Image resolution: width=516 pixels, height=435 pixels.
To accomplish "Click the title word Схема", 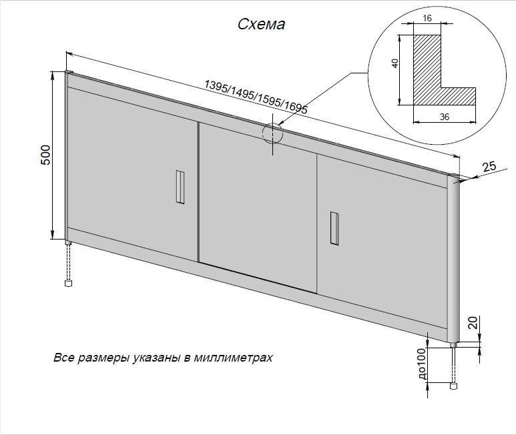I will click(262, 25).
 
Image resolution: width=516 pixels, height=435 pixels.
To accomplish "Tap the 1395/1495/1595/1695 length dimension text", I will click(256, 96).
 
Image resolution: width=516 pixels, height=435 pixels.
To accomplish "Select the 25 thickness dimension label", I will click(489, 167).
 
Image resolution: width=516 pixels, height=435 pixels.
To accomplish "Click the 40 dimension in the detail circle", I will click(395, 63).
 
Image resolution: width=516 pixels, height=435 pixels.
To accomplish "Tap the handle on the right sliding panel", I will click(334, 227).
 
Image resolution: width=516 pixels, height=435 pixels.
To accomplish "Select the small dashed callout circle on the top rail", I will click(273, 133).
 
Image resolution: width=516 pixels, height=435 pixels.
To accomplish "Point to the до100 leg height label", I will click(421, 364).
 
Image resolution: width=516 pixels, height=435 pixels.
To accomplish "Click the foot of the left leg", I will click(68, 283).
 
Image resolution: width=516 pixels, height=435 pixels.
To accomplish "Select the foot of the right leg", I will click(455, 385).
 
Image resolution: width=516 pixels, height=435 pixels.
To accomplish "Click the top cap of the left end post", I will click(68, 71).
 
